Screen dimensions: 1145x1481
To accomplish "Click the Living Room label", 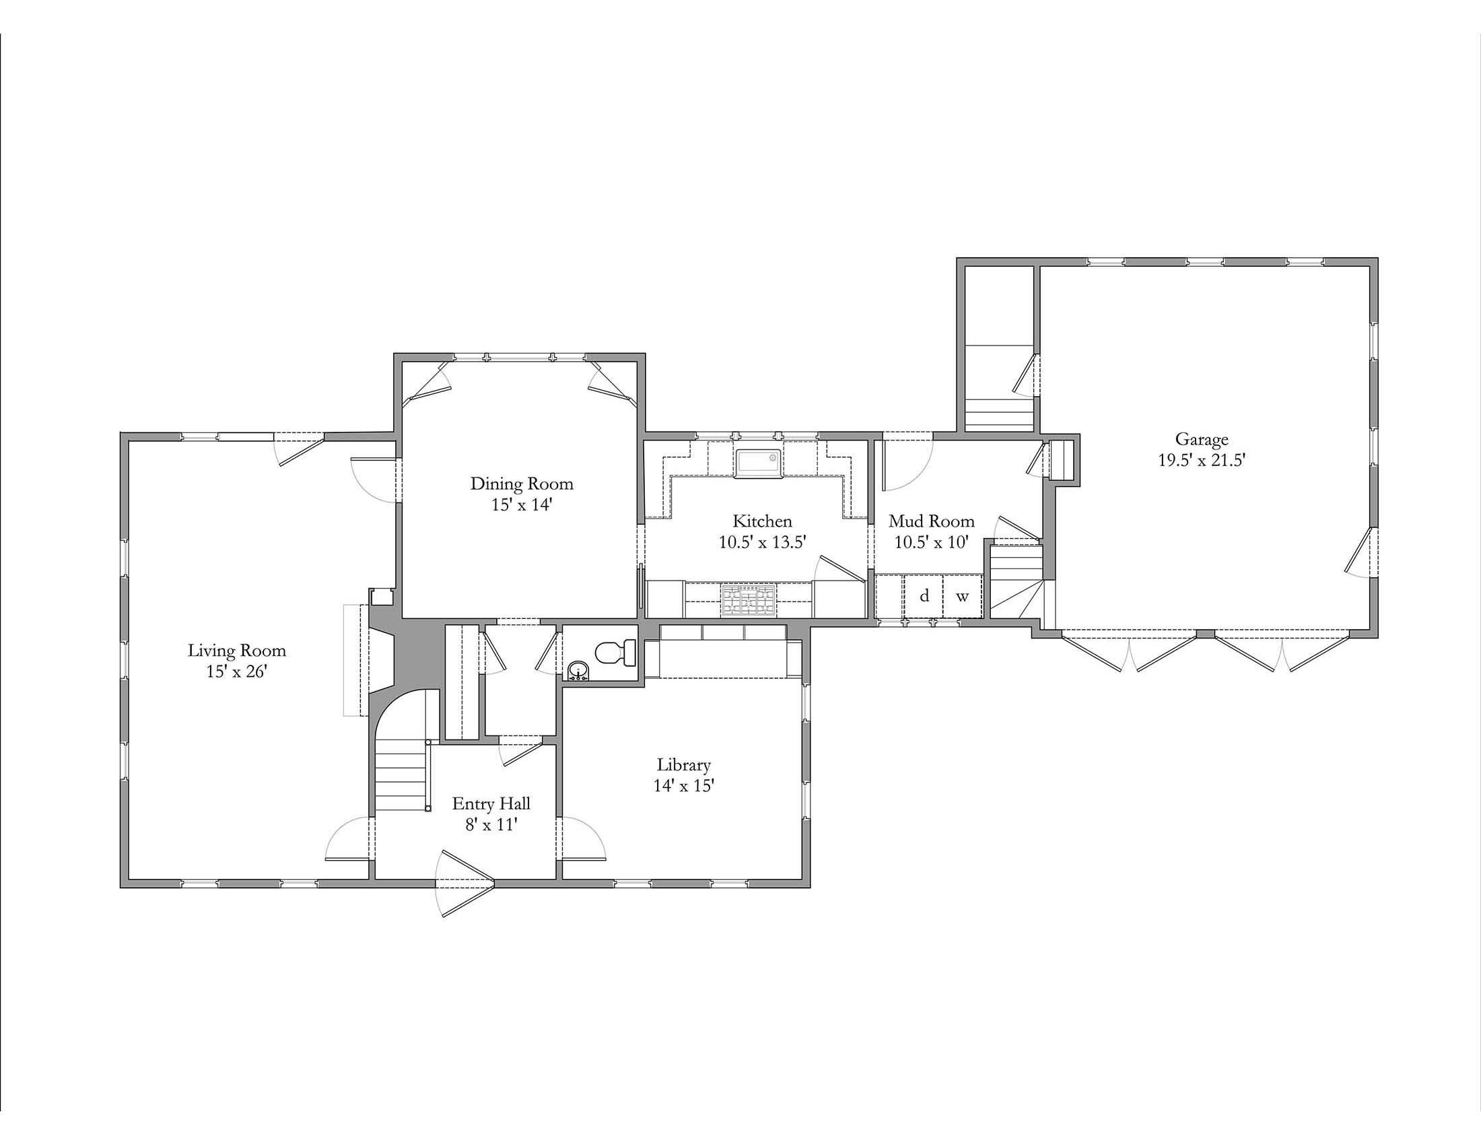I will pos(237,651).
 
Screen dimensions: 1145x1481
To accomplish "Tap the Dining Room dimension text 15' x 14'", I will pos(522,505).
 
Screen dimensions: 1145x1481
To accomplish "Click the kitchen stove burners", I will pos(749,600).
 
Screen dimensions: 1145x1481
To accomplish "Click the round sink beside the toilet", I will pos(578,670).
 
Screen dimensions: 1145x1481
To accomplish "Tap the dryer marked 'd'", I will pos(924,596).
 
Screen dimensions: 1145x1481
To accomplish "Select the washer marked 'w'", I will pos(962,596).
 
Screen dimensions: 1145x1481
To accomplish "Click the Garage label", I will pos(1202,440).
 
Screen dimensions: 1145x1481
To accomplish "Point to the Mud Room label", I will pos(931,521).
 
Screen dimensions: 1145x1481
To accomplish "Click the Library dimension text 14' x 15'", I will pos(683,786).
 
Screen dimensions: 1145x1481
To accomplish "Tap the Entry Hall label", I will pos(491,804).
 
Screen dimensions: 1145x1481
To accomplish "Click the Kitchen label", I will pos(762,521).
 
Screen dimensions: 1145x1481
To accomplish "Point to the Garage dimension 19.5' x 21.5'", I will pos(1202,461).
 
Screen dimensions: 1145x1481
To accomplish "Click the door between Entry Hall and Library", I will pos(582,839).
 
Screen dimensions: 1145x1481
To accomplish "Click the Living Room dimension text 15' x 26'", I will pos(237,672).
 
